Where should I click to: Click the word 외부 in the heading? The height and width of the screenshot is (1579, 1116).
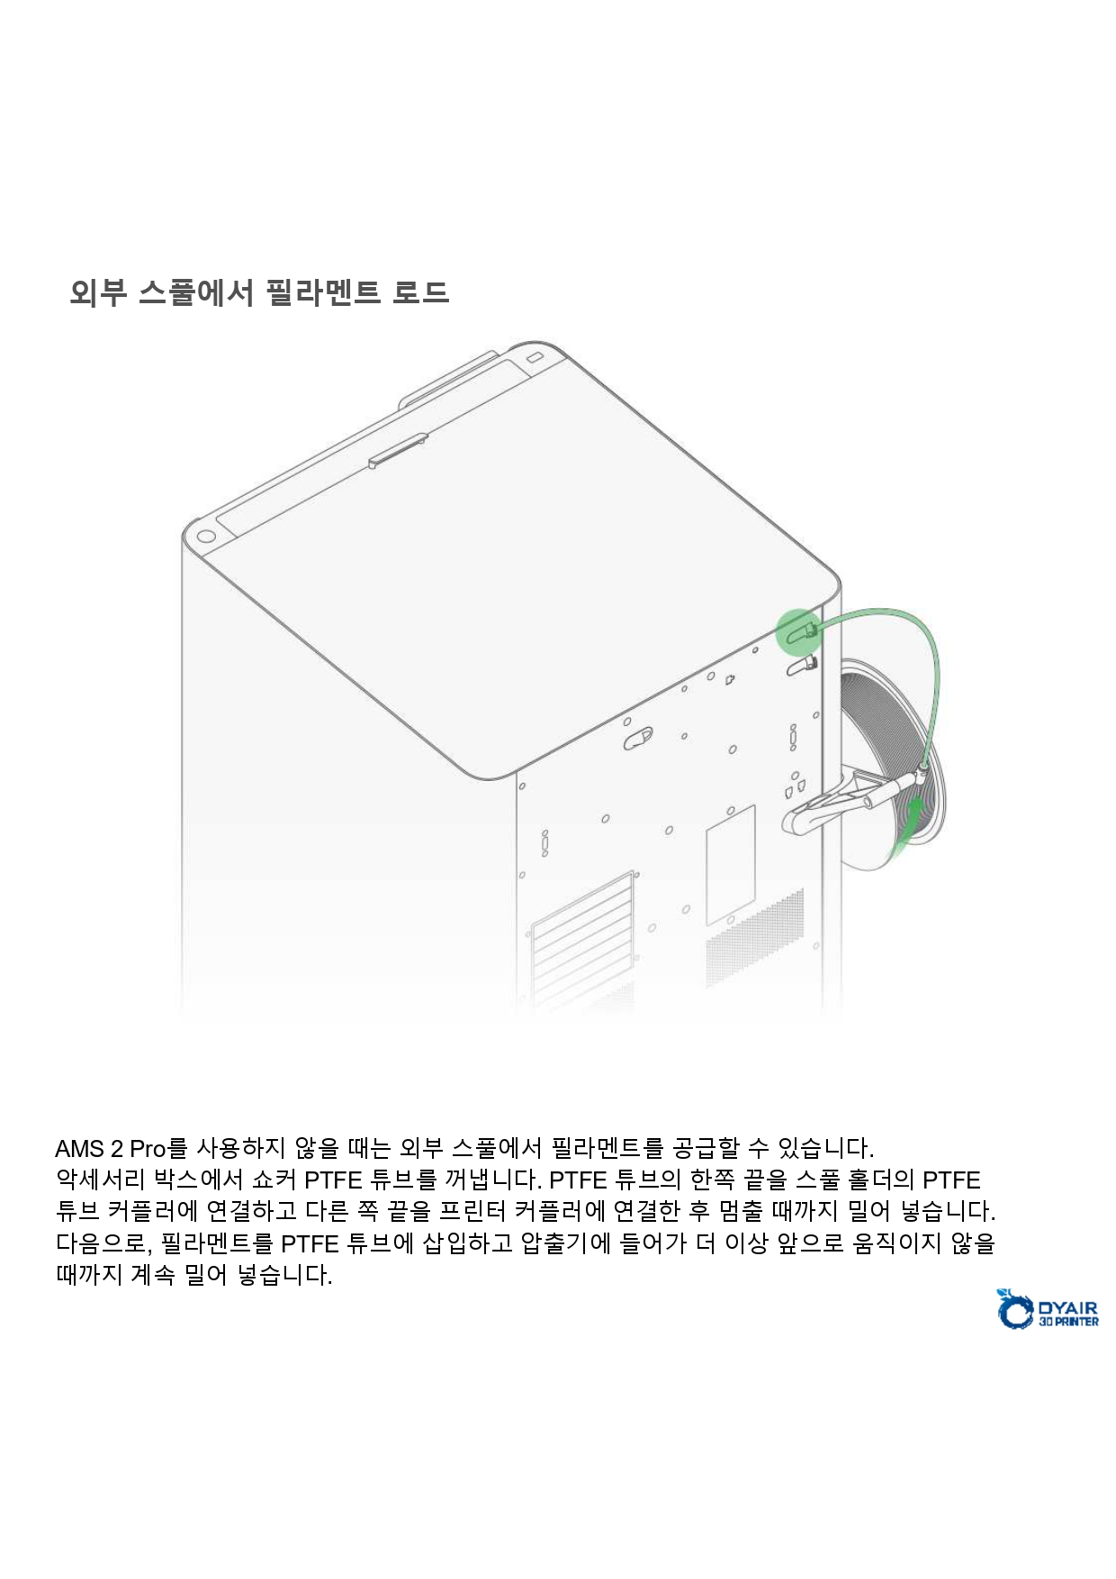97,292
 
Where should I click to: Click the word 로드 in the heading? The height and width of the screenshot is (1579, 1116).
420,292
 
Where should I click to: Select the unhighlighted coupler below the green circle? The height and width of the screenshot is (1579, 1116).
802,666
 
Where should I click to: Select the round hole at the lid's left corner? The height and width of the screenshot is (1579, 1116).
205,537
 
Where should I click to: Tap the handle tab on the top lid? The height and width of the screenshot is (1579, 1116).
397,452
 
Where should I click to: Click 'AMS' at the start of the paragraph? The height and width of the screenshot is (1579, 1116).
79,1149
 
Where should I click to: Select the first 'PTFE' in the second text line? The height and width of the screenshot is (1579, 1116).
334,1180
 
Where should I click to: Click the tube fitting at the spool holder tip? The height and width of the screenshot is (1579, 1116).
922,770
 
